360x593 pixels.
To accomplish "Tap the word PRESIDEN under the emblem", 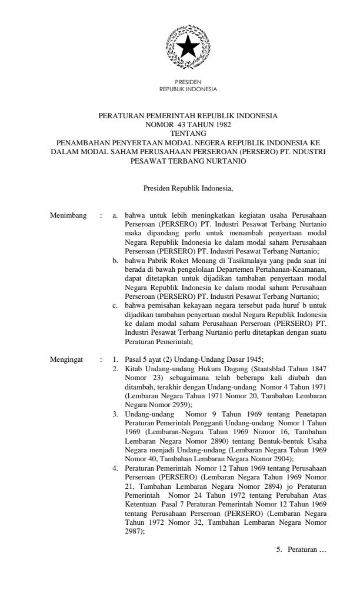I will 188,84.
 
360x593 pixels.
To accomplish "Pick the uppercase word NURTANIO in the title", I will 220,159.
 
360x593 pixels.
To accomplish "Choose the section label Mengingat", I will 67,359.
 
